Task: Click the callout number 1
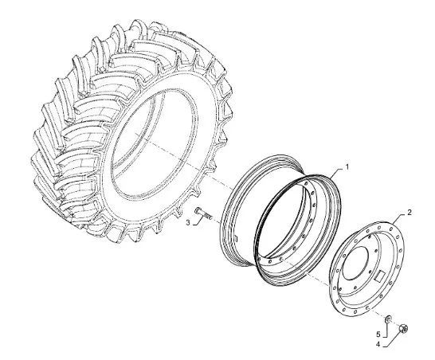(347, 167)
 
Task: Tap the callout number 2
(410, 213)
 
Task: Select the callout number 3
(188, 222)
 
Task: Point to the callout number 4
(378, 344)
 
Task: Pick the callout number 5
(378, 335)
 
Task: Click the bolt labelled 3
(204, 213)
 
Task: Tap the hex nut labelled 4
(403, 328)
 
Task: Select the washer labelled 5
(388, 319)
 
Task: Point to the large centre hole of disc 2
(355, 263)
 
